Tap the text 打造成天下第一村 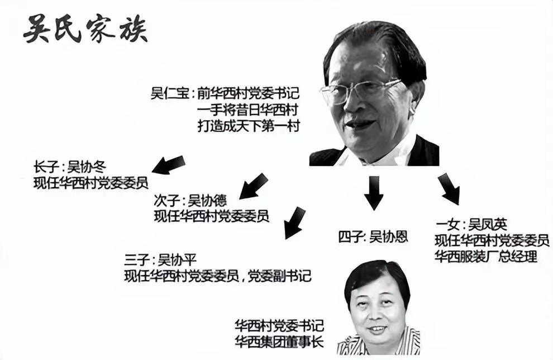point(249,126)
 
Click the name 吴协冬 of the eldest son point(87,166)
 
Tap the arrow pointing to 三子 point(294,222)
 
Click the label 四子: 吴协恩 point(373,236)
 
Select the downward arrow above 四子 point(373,192)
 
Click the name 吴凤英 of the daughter point(488,225)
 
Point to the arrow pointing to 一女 point(449,188)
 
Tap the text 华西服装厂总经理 point(486,257)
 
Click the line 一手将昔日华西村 point(249,110)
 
